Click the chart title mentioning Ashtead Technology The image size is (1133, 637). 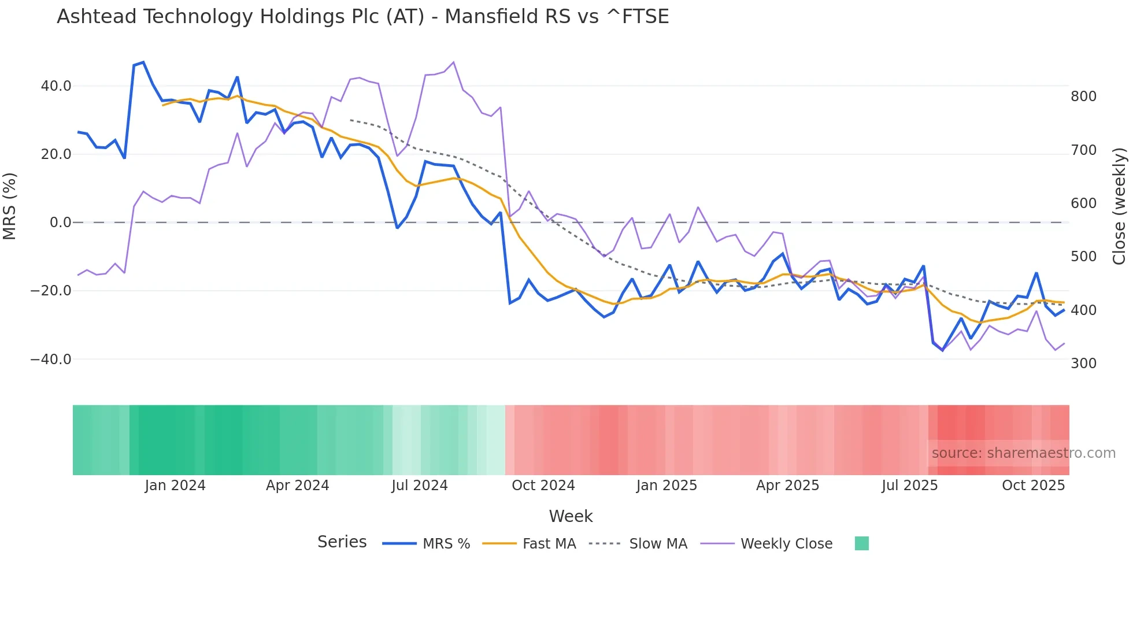362,17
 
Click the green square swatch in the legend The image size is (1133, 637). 861,543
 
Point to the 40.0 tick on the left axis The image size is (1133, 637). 56,86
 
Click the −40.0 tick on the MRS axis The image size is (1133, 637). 51,360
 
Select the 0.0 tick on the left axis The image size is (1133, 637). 60,223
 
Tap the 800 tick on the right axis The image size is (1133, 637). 1083,97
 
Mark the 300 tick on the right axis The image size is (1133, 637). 1083,364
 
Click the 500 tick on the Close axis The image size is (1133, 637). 1083,257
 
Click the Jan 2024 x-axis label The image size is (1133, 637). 175,486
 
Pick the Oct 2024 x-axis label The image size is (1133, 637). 543,486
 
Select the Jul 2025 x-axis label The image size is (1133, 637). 909,486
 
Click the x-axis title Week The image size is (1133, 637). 571,516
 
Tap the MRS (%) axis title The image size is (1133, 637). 10,206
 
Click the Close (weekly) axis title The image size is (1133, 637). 1119,206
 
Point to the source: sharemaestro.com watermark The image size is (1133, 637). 1023,453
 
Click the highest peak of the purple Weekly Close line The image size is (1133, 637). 453,62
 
